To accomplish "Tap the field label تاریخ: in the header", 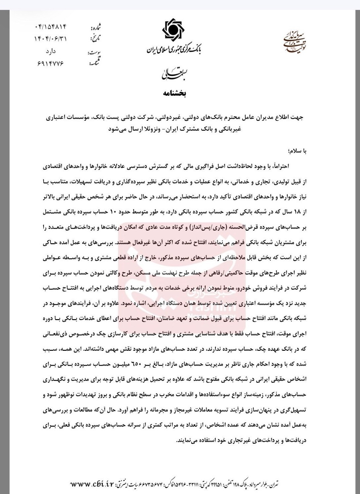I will [95, 39].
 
